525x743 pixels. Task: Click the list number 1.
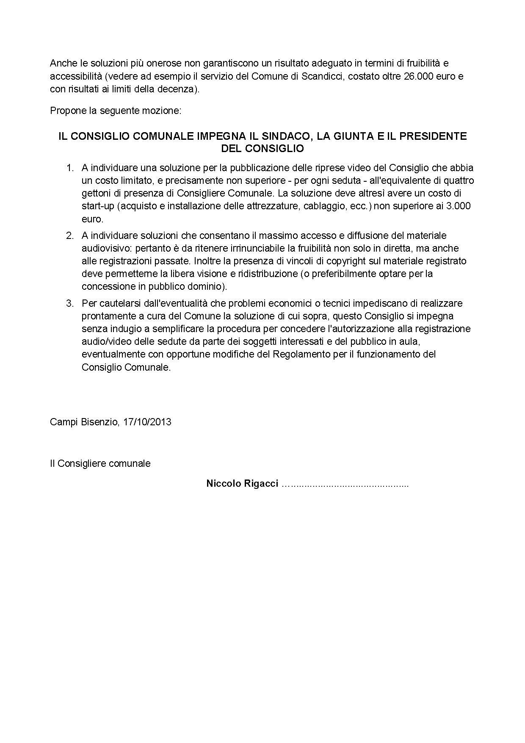point(70,168)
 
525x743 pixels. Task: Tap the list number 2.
point(70,236)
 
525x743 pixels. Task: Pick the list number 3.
point(70,303)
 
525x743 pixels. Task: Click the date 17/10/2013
point(147,422)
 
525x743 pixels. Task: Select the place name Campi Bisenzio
point(84,422)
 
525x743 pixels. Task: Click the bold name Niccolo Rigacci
point(242,484)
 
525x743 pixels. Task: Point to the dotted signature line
point(345,485)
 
